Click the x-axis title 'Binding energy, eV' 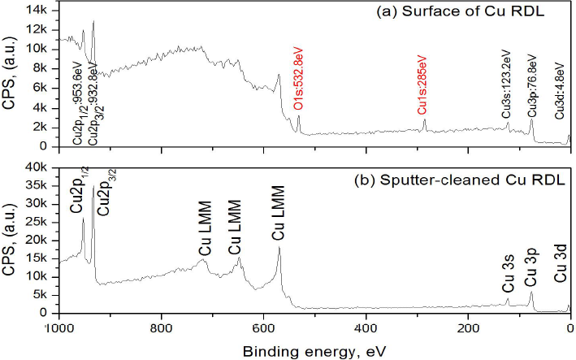(313, 350)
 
